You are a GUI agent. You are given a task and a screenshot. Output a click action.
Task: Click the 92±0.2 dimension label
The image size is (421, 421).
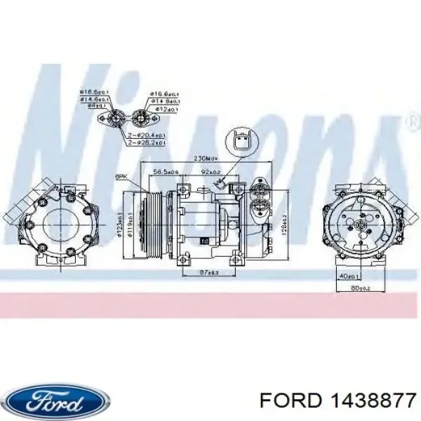coord(211,172)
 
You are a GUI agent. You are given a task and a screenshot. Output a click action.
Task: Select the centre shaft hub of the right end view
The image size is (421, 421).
coord(359,225)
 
